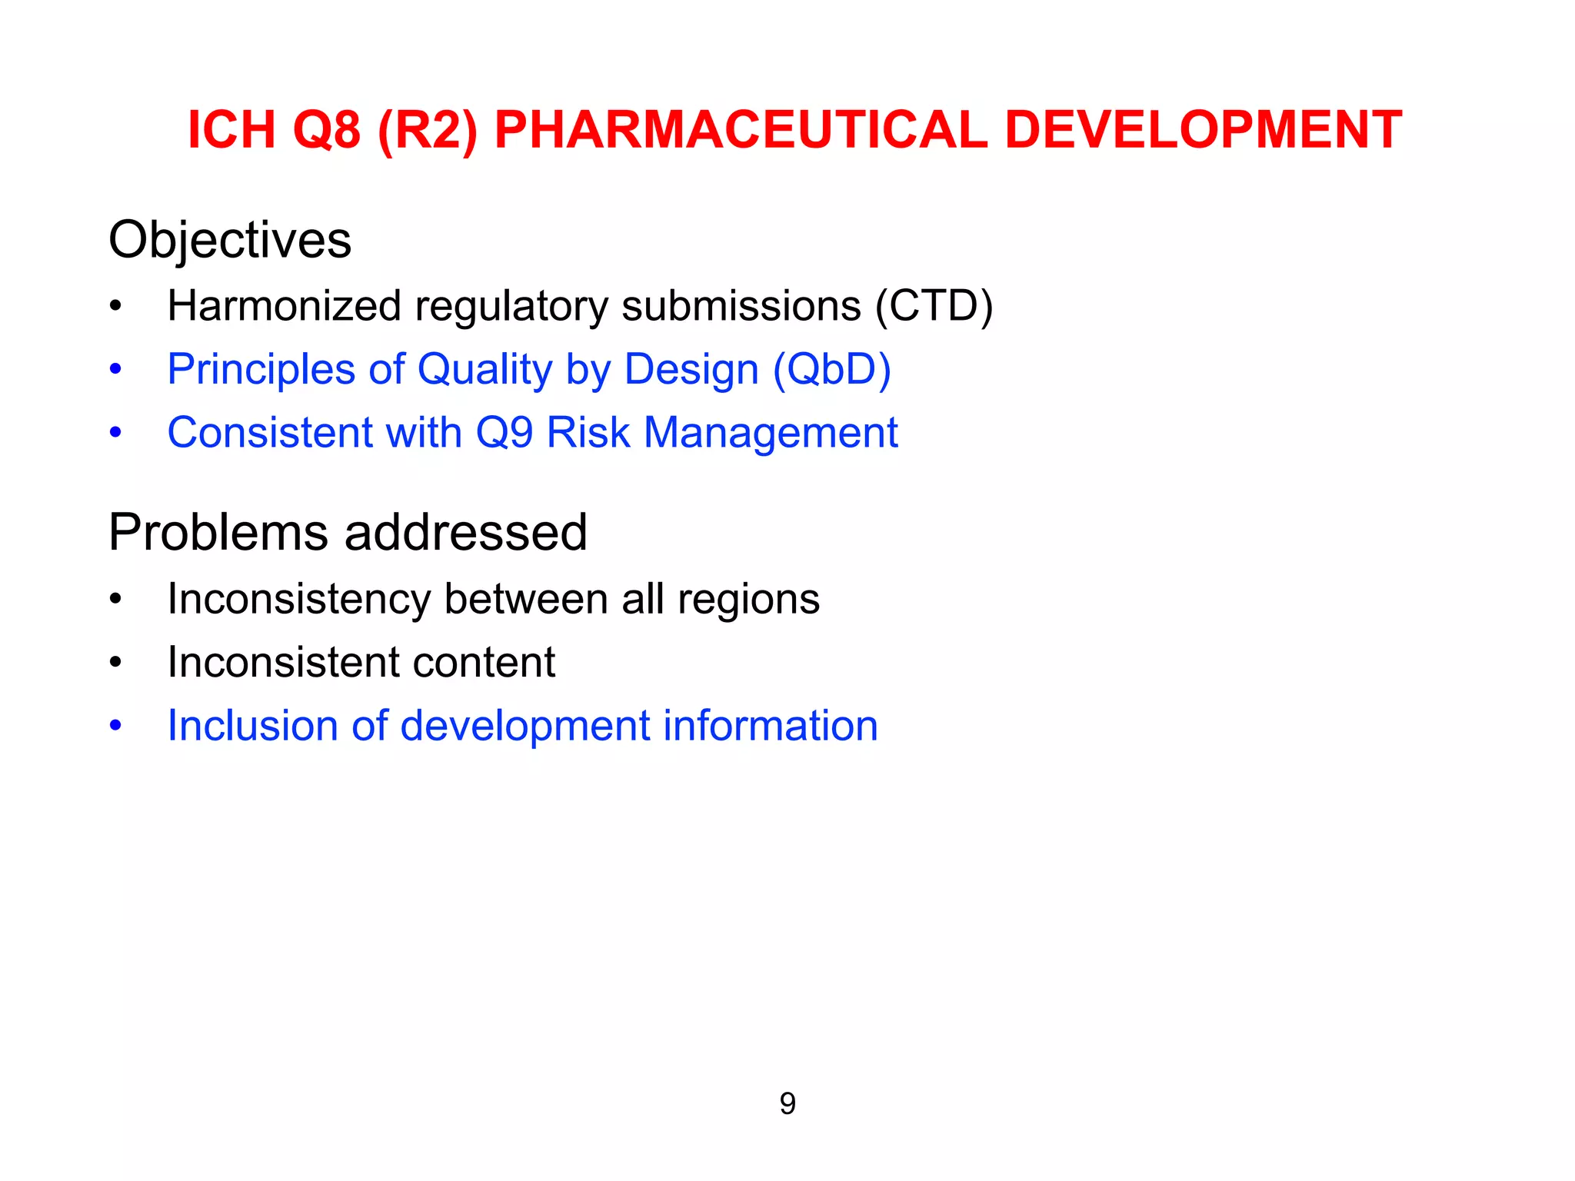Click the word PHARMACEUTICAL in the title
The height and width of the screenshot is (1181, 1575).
[x=740, y=129]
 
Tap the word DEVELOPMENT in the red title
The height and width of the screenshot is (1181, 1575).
[x=1204, y=129]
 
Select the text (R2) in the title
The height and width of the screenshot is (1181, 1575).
[x=428, y=129]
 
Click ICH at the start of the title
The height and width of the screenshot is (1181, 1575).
[x=231, y=129]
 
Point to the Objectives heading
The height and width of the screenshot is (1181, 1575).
[x=230, y=240]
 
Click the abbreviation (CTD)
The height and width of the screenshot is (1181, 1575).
[x=934, y=306]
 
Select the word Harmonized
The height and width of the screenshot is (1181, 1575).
[x=285, y=306]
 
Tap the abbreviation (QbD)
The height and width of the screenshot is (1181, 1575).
[x=831, y=369]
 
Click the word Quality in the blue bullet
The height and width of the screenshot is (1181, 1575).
[x=484, y=371]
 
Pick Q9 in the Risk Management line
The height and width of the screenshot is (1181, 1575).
[x=504, y=433]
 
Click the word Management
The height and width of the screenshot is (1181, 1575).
[x=771, y=433]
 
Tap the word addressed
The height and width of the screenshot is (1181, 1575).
[x=465, y=533]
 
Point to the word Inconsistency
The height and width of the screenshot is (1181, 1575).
[x=298, y=600]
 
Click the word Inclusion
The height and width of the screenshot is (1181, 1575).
[x=252, y=726]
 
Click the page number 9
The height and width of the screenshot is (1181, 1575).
[x=787, y=1104]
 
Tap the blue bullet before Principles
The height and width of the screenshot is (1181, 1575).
[x=115, y=370]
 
